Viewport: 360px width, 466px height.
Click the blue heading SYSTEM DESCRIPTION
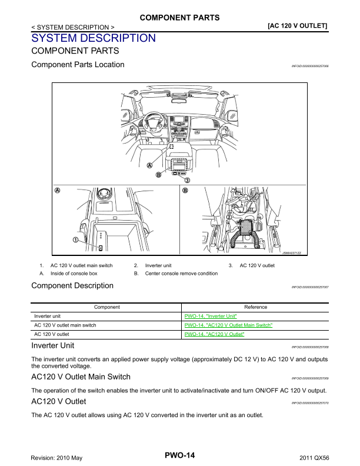pos(94,38)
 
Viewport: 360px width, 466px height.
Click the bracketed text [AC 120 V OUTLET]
pos(298,26)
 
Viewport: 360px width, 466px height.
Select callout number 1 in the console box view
pos(76,239)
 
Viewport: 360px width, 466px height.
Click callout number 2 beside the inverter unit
pos(228,218)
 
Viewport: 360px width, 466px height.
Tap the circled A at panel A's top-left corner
pos(57,191)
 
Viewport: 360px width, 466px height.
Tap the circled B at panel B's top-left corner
pos(185,191)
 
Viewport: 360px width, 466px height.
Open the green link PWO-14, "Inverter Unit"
pos(211,316)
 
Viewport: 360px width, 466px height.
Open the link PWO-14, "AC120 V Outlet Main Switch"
pos(229,325)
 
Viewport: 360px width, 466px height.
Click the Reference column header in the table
pos(255,307)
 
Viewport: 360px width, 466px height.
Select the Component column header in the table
pos(107,307)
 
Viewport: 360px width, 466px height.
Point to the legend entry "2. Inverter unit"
pos(152,266)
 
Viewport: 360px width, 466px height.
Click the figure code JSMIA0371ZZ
pos(291,253)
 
